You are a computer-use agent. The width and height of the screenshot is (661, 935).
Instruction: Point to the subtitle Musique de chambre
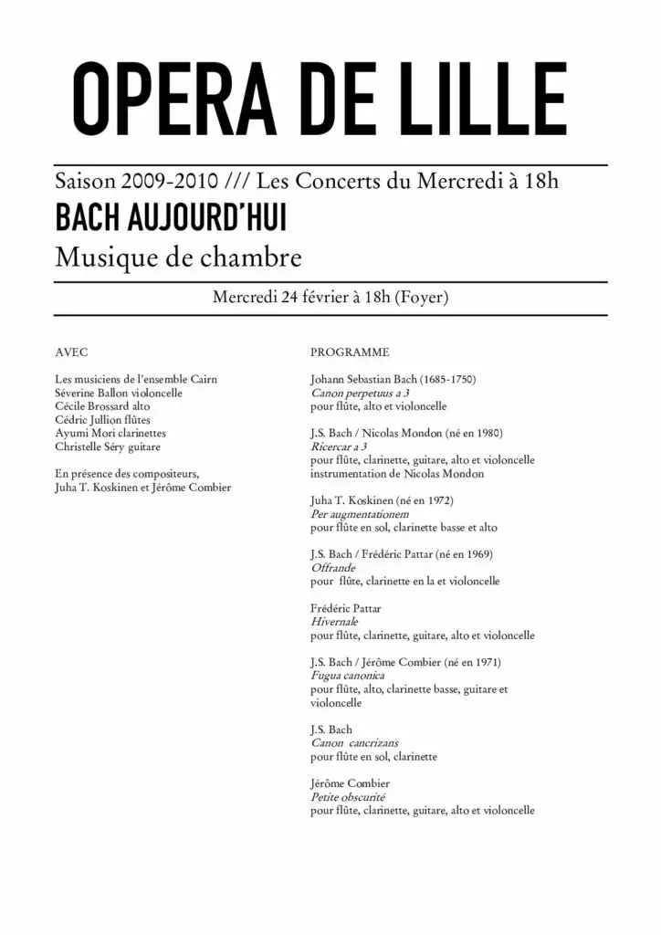178,257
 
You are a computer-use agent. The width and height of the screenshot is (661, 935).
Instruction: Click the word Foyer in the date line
422,298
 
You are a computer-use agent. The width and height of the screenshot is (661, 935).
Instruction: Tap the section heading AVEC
72,352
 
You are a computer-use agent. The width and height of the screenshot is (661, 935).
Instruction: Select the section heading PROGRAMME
350,352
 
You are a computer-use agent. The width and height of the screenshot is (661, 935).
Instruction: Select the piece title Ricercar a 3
339,446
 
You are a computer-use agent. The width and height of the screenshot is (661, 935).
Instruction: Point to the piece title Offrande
332,568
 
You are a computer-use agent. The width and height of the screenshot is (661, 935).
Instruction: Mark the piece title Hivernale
336,622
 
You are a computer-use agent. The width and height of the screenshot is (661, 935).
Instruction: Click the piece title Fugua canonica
347,676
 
